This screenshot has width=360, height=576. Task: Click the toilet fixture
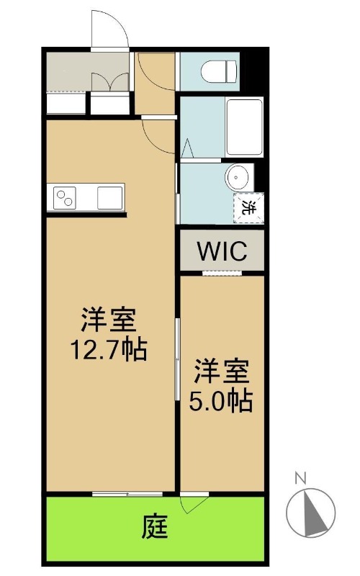tap(219, 71)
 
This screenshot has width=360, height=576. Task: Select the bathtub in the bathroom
tap(245, 127)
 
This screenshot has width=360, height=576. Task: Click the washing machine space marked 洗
tap(249, 208)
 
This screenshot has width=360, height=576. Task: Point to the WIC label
tap(222, 251)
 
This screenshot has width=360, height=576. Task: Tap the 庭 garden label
tap(155, 527)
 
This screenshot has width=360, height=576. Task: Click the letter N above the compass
tap(300, 478)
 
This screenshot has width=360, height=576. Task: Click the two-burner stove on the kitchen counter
tap(65, 198)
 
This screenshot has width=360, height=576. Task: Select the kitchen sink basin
tap(110, 198)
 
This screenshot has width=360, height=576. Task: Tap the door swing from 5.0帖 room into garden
tap(194, 505)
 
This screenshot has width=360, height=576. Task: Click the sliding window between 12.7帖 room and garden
tap(127, 494)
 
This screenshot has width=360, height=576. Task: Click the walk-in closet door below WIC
tap(222, 273)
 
